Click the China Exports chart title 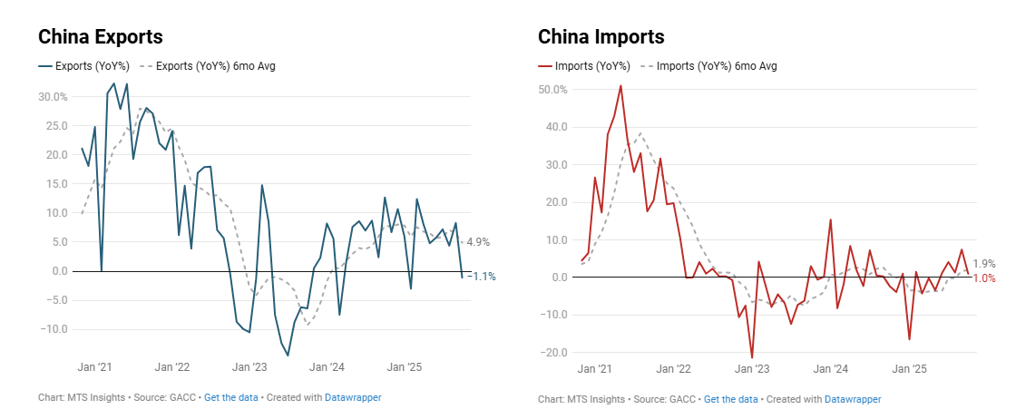pyautogui.click(x=100, y=37)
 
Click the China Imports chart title pyautogui.click(x=601, y=37)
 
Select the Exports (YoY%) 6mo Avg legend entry pyautogui.click(x=216, y=66)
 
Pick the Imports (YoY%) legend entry pyautogui.click(x=591, y=66)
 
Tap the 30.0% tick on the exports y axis pyautogui.click(x=53, y=97)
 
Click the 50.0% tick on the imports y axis pyautogui.click(x=552, y=90)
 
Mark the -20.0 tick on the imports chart pyautogui.click(x=552, y=353)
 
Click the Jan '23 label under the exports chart pyautogui.click(x=249, y=368)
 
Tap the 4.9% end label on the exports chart pyautogui.click(x=477, y=242)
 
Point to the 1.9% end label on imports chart pyautogui.click(x=984, y=263)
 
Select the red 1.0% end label pyautogui.click(x=984, y=278)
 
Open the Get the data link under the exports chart pyautogui.click(x=231, y=398)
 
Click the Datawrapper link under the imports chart pyautogui.click(x=853, y=399)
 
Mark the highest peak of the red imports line pyautogui.click(x=620, y=86)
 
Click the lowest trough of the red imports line pyautogui.click(x=752, y=357)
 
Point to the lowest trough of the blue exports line pyautogui.click(x=288, y=356)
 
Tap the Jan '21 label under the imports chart pyautogui.click(x=593, y=370)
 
